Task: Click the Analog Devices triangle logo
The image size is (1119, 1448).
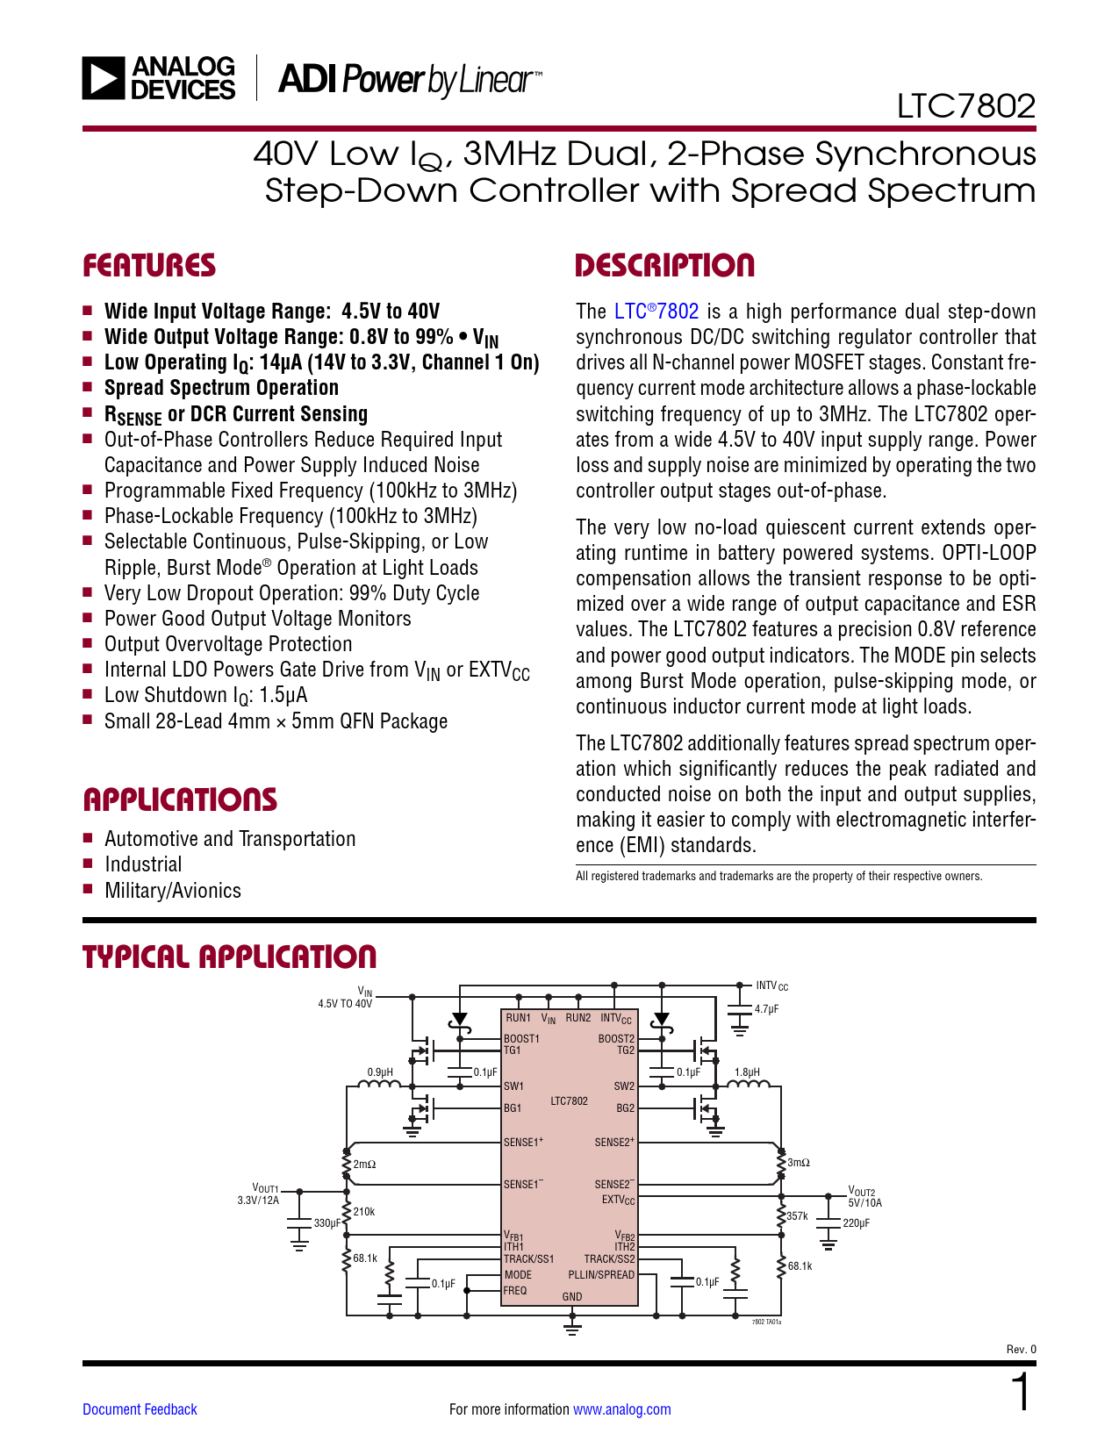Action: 104,77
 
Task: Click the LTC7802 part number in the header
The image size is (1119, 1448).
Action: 965,106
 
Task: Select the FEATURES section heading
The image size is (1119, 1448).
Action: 149,266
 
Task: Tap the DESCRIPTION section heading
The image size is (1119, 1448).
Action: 664,266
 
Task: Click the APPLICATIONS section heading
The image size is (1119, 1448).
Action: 180,799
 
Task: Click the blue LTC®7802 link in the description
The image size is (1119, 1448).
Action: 656,312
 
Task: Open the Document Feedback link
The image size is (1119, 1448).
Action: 140,1409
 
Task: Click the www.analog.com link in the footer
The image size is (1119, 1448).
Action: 621,1409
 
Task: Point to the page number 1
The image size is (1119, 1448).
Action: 1022,1393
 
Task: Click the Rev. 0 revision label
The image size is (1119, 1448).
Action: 1021,1350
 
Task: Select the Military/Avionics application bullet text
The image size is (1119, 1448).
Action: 173,891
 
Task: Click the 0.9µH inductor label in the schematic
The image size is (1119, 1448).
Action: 380,1072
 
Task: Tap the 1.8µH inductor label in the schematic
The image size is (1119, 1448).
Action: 747,1072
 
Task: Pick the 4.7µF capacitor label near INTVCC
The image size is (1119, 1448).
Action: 766,1009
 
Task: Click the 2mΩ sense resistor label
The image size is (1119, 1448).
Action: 364,1165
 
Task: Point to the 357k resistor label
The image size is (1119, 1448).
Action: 797,1216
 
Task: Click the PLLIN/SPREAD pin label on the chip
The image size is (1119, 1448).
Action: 600,1274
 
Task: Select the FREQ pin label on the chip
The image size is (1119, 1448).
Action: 515,1291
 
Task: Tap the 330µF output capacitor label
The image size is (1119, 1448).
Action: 326,1223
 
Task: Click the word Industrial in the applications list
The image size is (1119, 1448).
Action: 143,864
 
